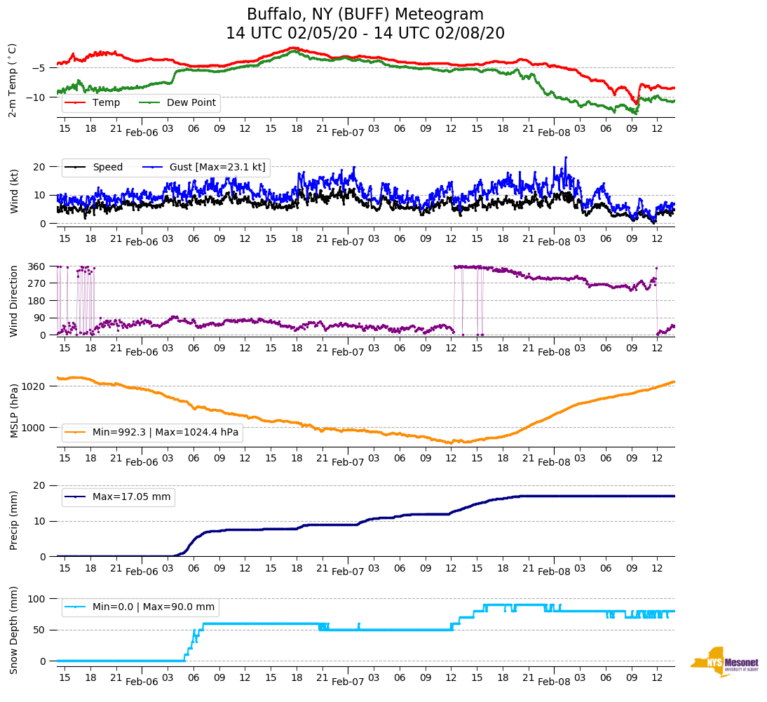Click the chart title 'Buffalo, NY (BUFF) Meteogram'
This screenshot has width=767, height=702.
click(365, 15)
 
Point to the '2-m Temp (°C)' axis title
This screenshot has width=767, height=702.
click(13, 80)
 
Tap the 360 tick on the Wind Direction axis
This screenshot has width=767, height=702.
click(38, 266)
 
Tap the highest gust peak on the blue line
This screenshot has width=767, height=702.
click(566, 158)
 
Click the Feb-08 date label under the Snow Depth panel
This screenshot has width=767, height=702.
click(554, 682)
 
